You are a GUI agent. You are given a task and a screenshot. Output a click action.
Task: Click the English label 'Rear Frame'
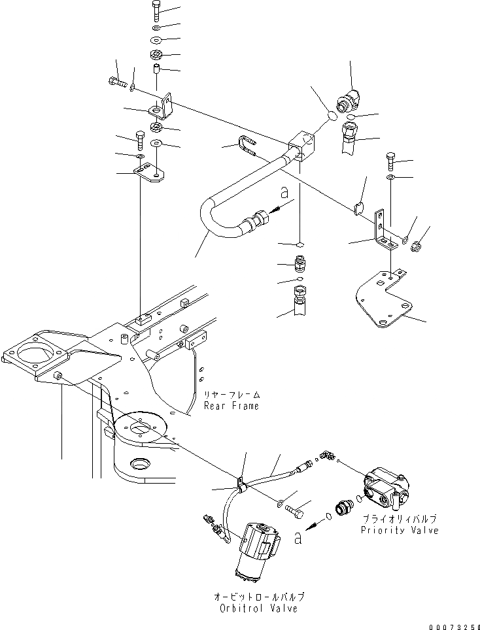pos(231,406)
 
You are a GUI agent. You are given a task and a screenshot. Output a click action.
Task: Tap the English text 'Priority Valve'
pos(399,529)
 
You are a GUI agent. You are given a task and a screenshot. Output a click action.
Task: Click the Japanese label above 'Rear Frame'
pos(231,395)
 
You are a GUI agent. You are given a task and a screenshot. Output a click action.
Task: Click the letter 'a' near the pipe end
pos(283,193)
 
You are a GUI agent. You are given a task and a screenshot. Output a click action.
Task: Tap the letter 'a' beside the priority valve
pos(299,537)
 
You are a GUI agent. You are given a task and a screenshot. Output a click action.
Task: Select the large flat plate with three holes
pos(386,301)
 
